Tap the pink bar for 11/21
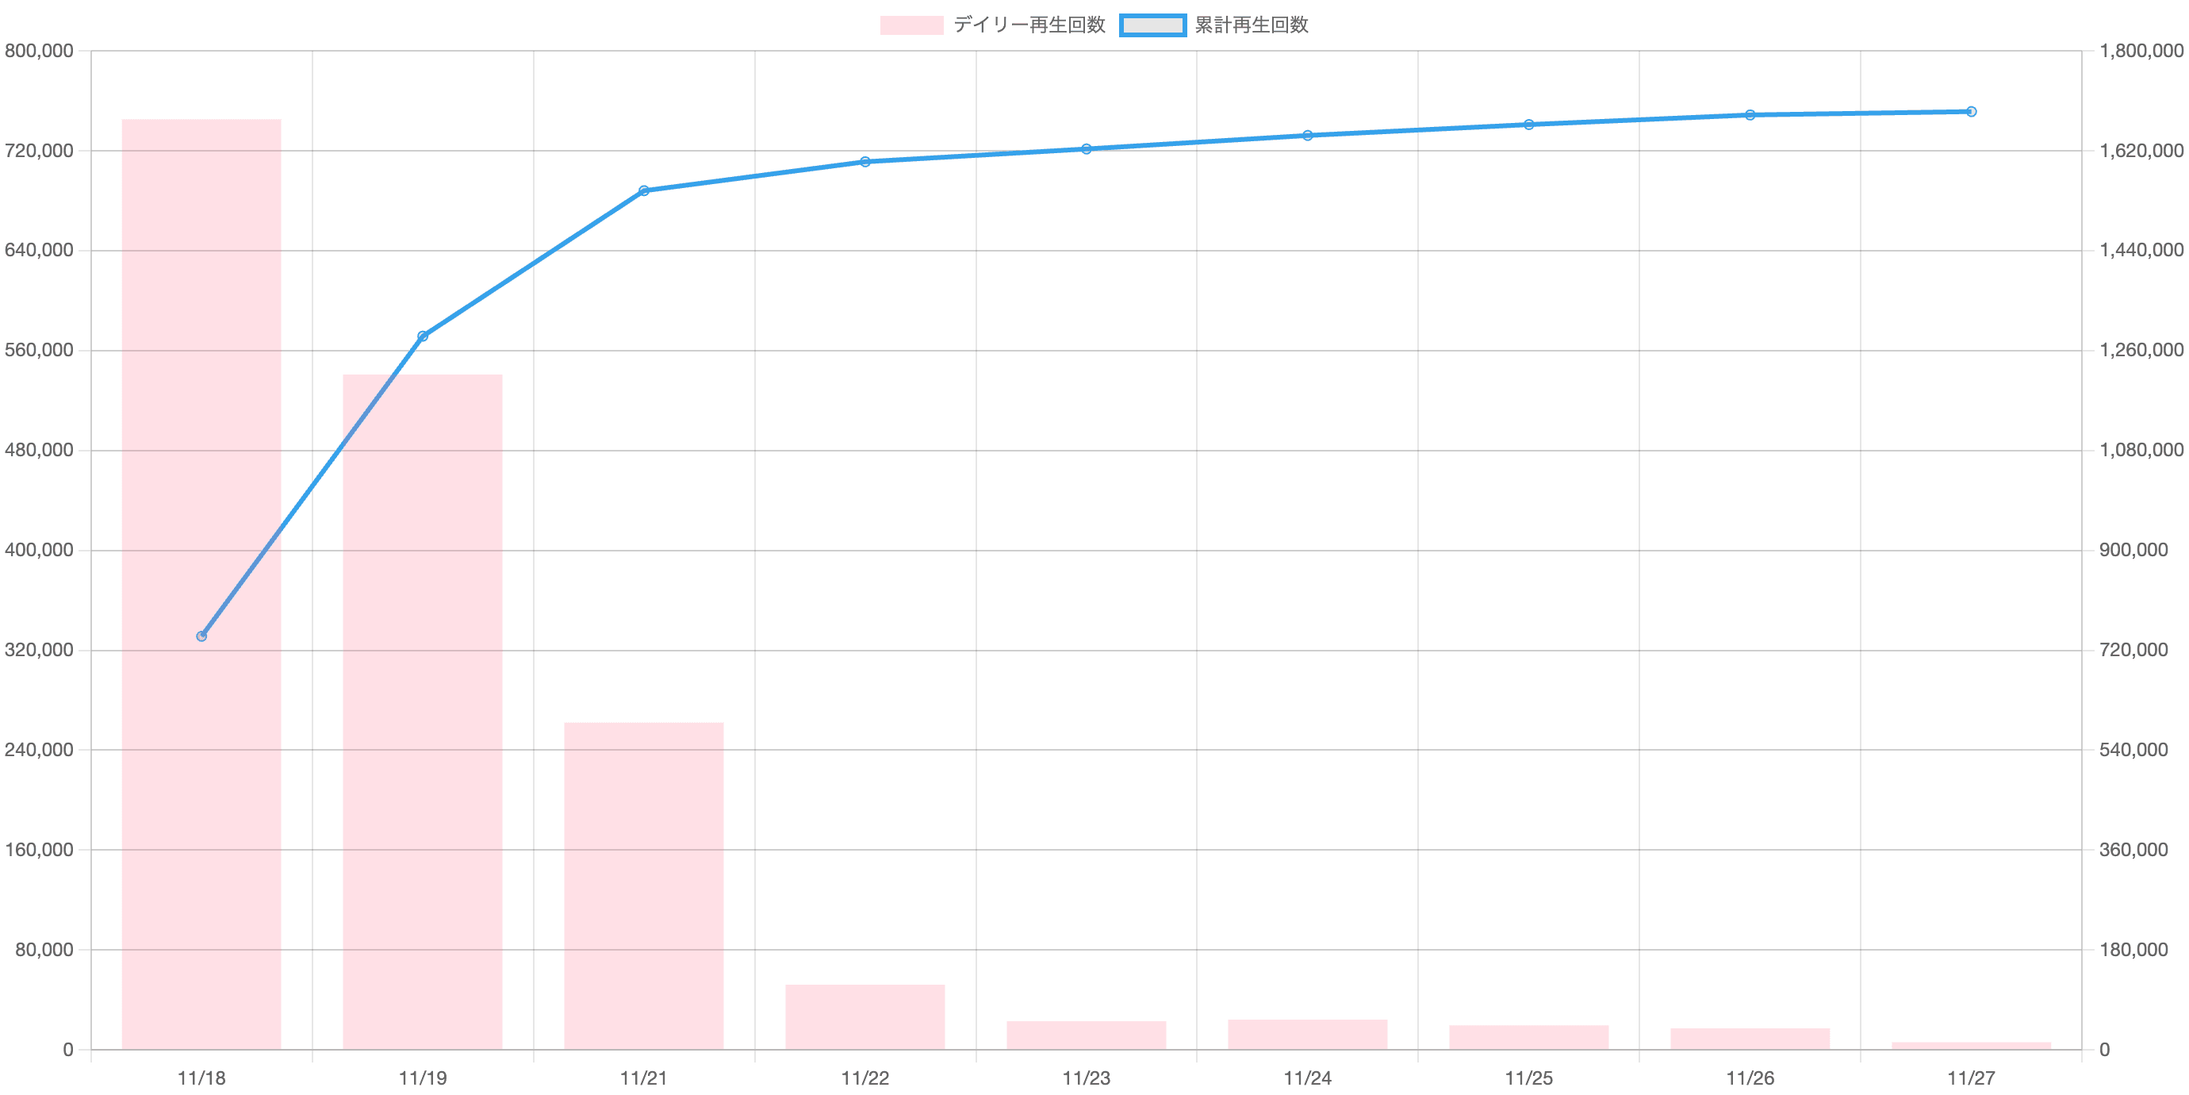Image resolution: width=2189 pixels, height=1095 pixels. (643, 885)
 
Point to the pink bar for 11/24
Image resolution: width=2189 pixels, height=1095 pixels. (1307, 1034)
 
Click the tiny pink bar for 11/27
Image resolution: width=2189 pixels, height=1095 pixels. (1971, 1045)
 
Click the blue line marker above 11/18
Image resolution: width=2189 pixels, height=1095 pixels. (201, 636)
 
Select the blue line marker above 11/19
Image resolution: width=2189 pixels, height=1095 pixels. (422, 336)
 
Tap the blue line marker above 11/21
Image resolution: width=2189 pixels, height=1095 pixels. (643, 190)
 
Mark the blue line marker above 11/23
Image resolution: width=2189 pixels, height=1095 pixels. (1086, 149)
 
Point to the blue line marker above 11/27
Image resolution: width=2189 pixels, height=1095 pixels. (1971, 111)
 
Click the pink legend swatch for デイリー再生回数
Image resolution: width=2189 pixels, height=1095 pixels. (911, 25)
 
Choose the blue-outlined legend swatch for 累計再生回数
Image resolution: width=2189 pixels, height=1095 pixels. (1152, 25)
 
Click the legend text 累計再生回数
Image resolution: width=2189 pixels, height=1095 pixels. (1251, 25)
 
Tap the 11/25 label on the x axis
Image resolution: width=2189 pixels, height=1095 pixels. (1529, 1078)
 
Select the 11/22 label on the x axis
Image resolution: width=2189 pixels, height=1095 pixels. (865, 1078)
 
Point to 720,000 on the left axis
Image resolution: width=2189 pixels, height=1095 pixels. (38, 152)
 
